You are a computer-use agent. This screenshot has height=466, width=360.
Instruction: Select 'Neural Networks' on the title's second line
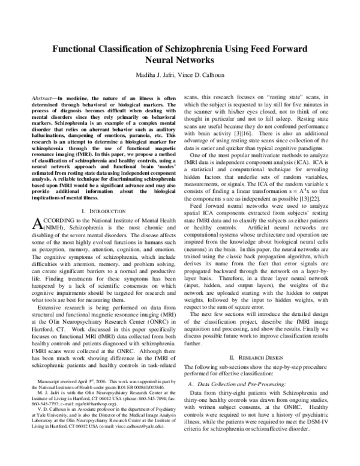(x=180, y=61)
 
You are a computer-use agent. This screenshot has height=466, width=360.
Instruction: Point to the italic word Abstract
(x=42, y=97)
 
